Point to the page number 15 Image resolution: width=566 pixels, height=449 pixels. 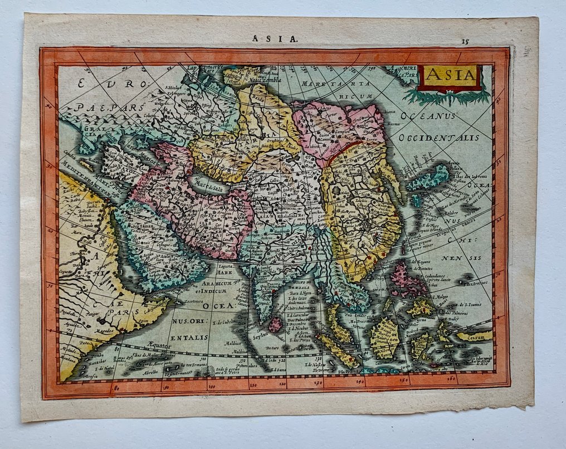466,41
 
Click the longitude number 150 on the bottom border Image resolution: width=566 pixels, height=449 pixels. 403,380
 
